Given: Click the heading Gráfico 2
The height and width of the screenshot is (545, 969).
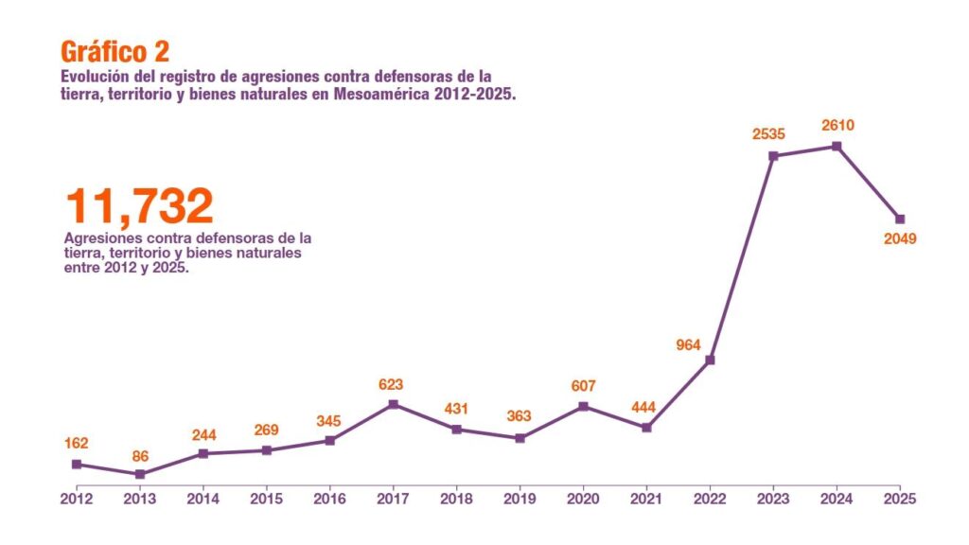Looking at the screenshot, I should tap(115, 51).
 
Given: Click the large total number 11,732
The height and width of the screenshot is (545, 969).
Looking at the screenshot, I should tap(140, 207).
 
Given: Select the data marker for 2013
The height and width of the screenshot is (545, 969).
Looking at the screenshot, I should tap(140, 474).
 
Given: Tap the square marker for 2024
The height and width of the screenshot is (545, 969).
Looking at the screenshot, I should tap(837, 146).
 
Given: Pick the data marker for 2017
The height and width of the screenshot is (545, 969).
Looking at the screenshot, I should tap(393, 405).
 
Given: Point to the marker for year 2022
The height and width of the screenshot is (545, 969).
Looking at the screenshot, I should tap(710, 360).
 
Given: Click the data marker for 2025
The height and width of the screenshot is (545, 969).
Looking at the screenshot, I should tap(900, 220).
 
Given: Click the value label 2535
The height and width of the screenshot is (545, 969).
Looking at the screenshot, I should tap(768, 135).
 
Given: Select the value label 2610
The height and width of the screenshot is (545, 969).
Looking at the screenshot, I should tap(837, 125).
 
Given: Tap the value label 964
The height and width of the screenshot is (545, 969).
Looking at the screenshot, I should tap(688, 345).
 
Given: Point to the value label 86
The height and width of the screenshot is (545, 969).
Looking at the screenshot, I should tap(140, 456).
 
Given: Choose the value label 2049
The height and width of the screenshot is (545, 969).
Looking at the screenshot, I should tap(900, 239).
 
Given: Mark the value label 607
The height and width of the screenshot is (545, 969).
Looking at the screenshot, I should tap(584, 386).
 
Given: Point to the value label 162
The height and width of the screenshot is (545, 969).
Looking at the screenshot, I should tap(77, 443).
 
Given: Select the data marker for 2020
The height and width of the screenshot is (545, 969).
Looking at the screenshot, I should tap(583, 407).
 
